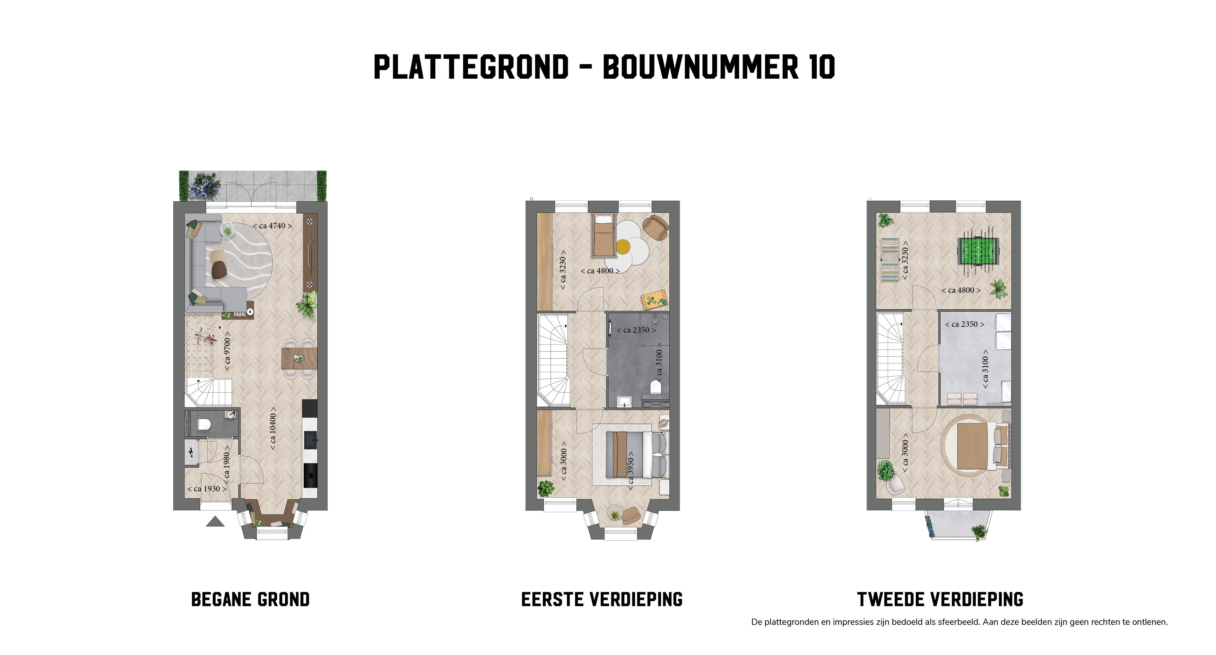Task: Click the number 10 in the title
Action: point(822,67)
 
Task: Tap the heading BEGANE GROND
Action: point(250,599)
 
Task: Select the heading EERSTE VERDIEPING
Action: point(602,599)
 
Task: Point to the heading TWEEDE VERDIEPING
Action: point(940,599)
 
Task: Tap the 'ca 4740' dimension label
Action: point(272,226)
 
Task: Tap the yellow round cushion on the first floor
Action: point(623,246)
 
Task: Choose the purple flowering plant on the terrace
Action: point(205,185)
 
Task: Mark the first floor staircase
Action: point(553,360)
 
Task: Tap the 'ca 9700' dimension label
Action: point(227,351)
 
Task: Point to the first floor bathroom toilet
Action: point(656,387)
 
